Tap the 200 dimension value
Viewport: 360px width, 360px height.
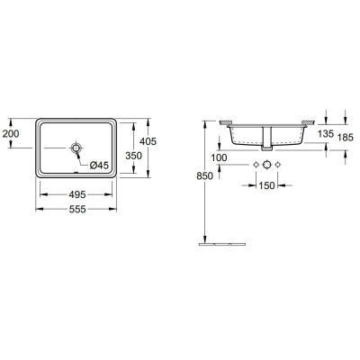point(11,133)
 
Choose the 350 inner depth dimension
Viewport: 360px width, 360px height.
point(133,155)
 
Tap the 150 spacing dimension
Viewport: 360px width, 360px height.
point(267,186)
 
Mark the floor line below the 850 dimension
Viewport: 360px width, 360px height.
point(216,242)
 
